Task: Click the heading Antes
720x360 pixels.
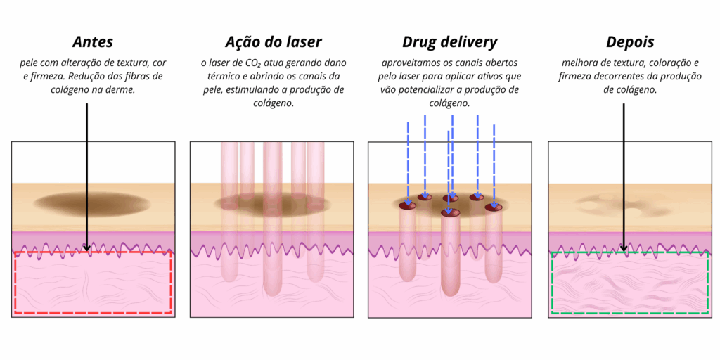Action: pyautogui.click(x=93, y=42)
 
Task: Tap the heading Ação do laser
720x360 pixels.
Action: pyautogui.click(x=274, y=42)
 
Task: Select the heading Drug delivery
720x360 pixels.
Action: pyautogui.click(x=449, y=42)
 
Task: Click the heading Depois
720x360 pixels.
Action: pyautogui.click(x=630, y=42)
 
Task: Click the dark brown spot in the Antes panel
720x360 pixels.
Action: pyautogui.click(x=92, y=203)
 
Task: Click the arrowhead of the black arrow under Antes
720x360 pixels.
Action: pyautogui.click(x=86, y=248)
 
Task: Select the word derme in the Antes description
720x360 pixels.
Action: pyautogui.click(x=123, y=90)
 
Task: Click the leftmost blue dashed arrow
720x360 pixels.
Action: pyautogui.click(x=408, y=163)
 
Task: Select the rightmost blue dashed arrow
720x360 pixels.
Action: pyautogui.click(x=494, y=166)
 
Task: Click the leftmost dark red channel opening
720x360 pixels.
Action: pyautogui.click(x=407, y=205)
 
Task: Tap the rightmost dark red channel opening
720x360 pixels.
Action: pyautogui.click(x=494, y=207)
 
